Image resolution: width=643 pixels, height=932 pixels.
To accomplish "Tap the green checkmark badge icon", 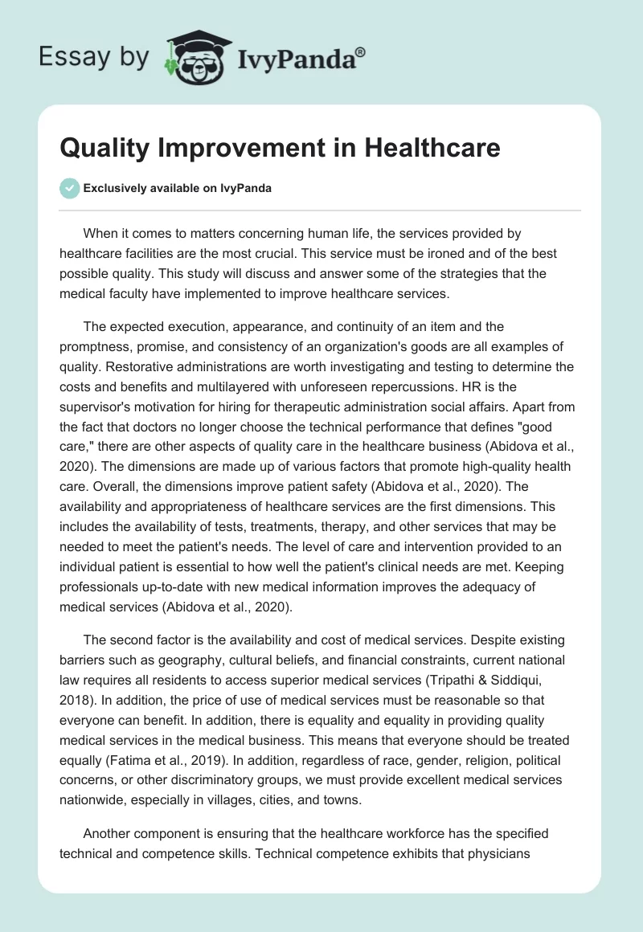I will [x=69, y=188].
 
